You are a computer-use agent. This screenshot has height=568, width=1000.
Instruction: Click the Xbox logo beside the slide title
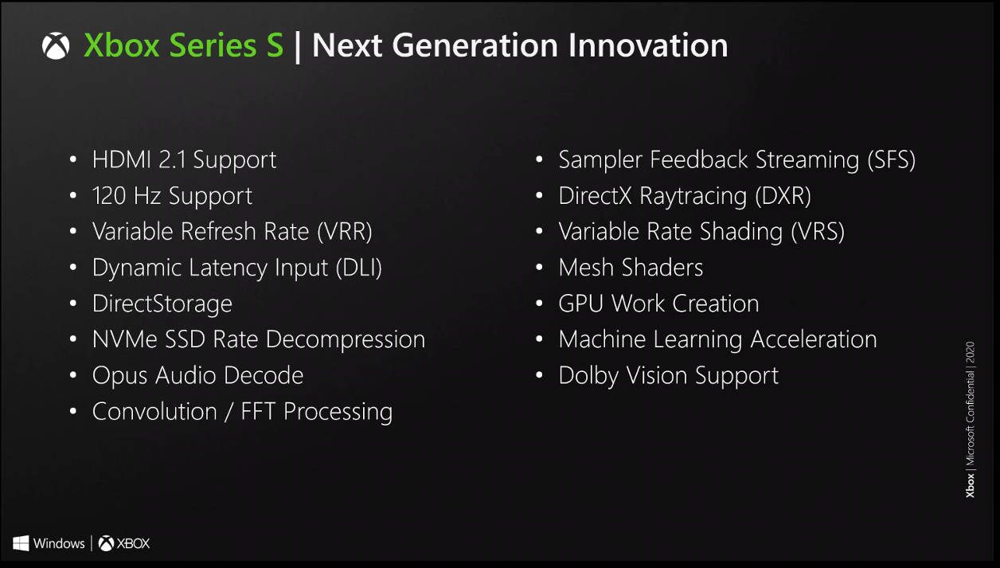pyautogui.click(x=56, y=45)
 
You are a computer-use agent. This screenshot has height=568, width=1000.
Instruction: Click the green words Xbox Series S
pyautogui.click(x=183, y=45)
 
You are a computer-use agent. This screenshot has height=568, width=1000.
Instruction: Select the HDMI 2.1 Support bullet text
pyautogui.click(x=184, y=160)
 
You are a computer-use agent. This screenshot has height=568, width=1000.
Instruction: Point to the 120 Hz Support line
pyautogui.click(x=172, y=196)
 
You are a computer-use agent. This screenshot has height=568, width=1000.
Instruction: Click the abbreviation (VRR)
pyautogui.click(x=344, y=232)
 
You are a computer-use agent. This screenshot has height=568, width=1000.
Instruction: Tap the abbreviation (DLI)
pyautogui.click(x=358, y=268)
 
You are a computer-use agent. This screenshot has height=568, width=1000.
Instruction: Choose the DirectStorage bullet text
pyautogui.click(x=162, y=304)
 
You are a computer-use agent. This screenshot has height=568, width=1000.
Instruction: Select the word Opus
pyautogui.click(x=119, y=376)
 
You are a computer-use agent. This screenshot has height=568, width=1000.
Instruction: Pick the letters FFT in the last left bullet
pyautogui.click(x=258, y=411)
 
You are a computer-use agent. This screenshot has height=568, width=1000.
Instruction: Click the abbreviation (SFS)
pyautogui.click(x=891, y=160)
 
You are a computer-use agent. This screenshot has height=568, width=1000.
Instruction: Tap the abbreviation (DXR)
pyautogui.click(x=783, y=196)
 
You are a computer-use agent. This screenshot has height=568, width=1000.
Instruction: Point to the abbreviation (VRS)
pyautogui.click(x=818, y=232)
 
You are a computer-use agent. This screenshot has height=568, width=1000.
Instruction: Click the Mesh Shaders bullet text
pyautogui.click(x=631, y=268)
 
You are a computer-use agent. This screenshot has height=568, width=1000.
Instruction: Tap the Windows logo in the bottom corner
pyautogui.click(x=21, y=543)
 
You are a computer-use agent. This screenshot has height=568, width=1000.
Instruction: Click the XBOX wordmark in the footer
pyautogui.click(x=133, y=543)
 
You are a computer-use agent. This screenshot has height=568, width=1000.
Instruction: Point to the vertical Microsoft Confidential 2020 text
pyautogui.click(x=970, y=420)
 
